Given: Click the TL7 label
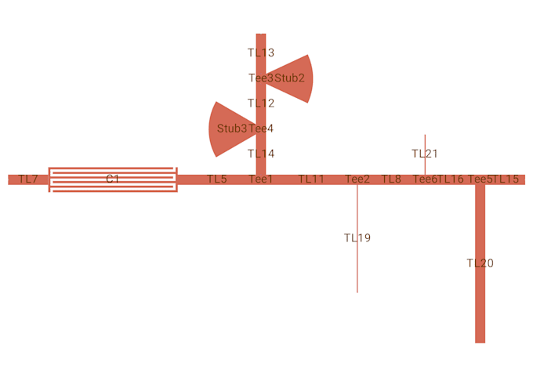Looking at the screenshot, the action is (28, 179).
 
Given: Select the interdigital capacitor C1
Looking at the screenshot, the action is (113, 179).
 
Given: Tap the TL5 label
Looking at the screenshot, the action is (217, 179).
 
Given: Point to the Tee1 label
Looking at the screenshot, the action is (261, 179).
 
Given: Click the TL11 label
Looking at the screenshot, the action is (311, 179).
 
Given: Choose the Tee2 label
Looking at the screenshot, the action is (357, 179).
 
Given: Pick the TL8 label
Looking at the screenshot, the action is (391, 179).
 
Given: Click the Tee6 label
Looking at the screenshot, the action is (425, 179).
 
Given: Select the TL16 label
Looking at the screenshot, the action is (451, 179).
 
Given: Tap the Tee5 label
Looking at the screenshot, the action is (480, 179).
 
